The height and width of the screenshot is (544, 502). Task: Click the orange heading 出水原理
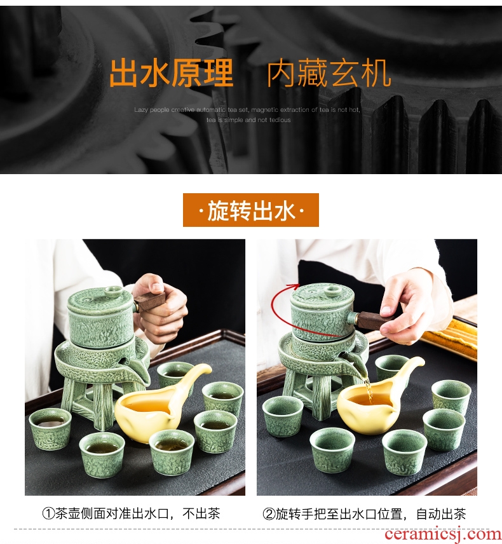[172, 73]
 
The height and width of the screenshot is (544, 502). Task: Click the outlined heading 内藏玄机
[329, 73]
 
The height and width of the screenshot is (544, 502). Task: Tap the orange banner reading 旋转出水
[251, 210]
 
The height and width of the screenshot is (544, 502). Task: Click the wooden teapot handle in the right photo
[371, 318]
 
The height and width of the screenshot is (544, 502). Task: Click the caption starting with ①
[131, 513]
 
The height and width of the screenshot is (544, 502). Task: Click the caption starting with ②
[364, 513]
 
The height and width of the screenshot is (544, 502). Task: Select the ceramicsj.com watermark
[442, 534]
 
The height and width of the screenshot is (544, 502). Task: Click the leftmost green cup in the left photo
[50, 429]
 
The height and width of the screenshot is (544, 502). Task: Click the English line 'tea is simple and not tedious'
[248, 120]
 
